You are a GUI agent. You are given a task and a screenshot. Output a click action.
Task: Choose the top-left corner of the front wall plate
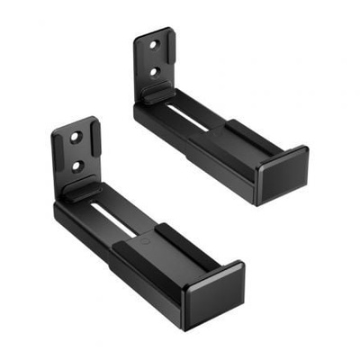coord(54,132)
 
